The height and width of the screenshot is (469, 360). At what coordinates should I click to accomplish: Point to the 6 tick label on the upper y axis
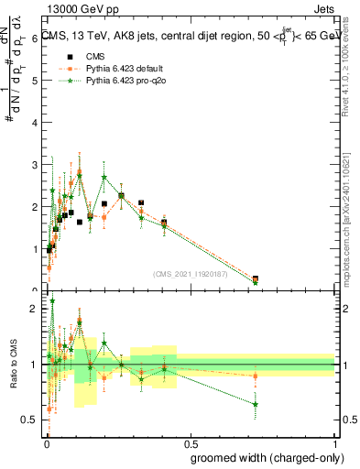click(34, 38)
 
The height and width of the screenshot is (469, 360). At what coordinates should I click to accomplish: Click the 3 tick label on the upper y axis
click(34, 165)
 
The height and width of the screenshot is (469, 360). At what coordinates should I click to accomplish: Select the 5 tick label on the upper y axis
click(34, 81)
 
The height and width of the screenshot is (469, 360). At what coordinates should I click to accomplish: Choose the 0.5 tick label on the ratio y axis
click(29, 420)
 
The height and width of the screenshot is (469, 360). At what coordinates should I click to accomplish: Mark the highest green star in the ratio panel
click(53, 300)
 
